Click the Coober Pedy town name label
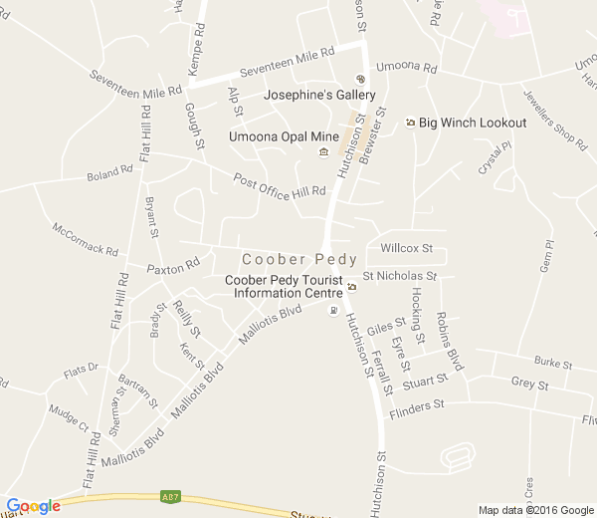coord(299,259)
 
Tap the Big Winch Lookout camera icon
coord(410,123)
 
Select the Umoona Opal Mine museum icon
coord(323,151)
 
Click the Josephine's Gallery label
coord(319,96)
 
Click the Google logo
coord(33,506)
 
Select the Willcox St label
coord(407,247)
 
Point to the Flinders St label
coord(415,405)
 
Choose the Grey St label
coord(529,384)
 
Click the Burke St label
coord(553,363)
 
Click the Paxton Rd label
coord(173,267)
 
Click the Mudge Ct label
coord(69,411)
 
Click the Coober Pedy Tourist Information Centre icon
coord(351,287)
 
